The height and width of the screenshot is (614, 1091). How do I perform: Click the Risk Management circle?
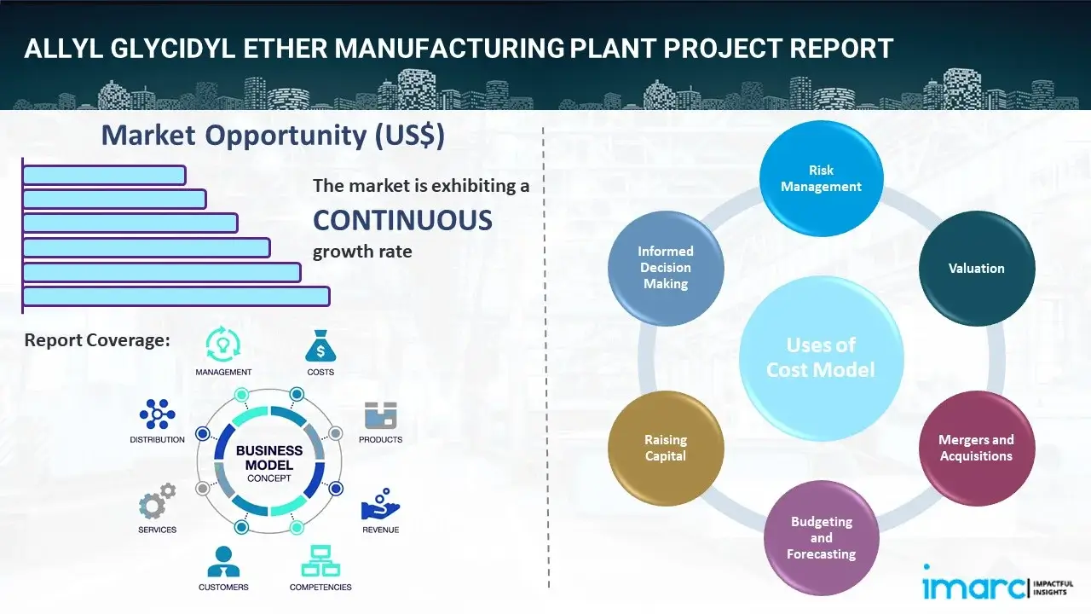(821, 178)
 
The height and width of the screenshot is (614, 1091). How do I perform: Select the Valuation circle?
(976, 268)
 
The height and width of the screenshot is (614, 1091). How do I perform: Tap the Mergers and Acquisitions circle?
(976, 448)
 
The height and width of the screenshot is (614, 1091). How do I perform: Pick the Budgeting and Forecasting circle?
(821, 537)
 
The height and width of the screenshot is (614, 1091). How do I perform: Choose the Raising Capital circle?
(666, 448)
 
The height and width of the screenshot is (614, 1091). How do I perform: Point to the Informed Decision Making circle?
(666, 268)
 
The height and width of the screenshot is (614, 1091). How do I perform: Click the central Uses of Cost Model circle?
(821, 357)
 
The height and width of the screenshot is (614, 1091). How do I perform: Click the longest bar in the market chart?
(176, 296)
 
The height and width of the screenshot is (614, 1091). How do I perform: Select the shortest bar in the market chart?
(104, 175)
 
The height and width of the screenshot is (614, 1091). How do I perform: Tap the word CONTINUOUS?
(402, 220)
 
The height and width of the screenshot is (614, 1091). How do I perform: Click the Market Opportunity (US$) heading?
(273, 136)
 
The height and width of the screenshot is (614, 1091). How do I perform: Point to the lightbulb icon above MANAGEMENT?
(223, 345)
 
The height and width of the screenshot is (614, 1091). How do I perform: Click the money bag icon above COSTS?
(320, 345)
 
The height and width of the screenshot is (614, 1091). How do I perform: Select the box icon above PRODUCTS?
(381, 415)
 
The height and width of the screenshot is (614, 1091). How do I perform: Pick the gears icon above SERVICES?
(157, 503)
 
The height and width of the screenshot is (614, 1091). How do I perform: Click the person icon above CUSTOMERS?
(223, 562)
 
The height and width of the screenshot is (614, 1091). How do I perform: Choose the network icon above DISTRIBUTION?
(158, 414)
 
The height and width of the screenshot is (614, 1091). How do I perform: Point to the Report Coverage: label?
(97, 340)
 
